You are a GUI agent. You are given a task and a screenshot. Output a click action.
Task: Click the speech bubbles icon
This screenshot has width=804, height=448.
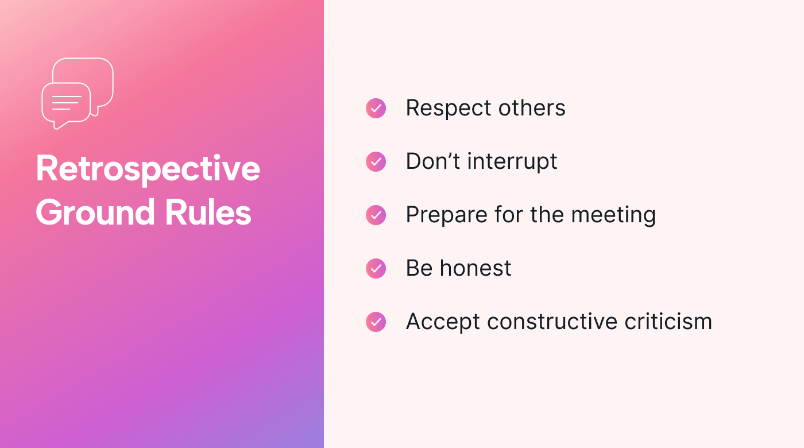point(78,93)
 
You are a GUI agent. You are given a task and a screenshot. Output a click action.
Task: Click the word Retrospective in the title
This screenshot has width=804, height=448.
point(148,169)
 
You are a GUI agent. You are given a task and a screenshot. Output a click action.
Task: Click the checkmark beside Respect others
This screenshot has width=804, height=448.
point(376,108)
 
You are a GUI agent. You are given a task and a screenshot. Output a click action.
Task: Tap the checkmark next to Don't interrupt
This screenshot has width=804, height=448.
point(376,162)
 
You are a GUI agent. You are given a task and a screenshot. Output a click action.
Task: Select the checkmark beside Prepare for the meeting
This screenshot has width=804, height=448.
point(376,215)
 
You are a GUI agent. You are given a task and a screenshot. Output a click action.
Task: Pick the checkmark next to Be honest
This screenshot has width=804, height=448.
point(376,268)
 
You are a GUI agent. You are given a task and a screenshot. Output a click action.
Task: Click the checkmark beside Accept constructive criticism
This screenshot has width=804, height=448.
point(376,322)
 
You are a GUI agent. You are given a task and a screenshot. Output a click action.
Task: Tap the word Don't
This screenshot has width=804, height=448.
point(432,161)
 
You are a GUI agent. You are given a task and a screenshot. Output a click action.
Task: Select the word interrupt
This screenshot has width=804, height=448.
point(512,162)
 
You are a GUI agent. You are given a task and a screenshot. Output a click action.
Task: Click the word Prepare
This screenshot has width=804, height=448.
point(440,215)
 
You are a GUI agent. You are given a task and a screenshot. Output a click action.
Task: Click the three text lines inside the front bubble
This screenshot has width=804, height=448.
point(66,103)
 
